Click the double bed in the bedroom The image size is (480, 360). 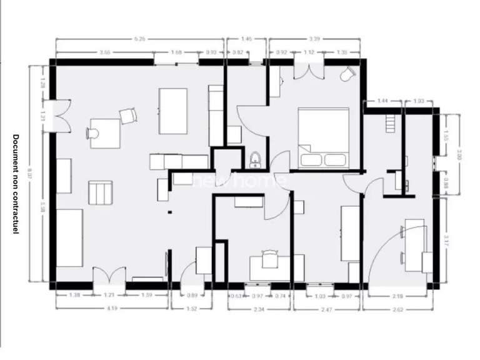[x=323, y=137]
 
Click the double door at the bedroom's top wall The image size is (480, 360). [x=309, y=69]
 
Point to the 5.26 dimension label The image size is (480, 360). [x=139, y=39]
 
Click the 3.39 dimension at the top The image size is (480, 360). [x=314, y=39]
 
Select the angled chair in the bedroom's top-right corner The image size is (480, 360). [x=347, y=74]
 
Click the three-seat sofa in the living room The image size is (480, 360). [x=69, y=237]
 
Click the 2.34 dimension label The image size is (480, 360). [x=260, y=308]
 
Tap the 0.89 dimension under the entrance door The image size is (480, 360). [x=192, y=295]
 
